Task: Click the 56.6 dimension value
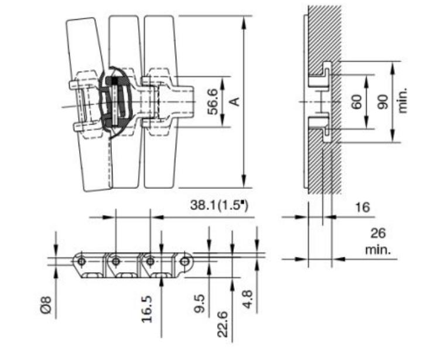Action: [x=213, y=101]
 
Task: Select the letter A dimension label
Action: [x=234, y=101]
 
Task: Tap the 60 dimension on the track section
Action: [x=357, y=101]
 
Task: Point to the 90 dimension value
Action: [x=383, y=101]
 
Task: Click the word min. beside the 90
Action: [x=402, y=101]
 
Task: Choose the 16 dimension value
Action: [x=363, y=207]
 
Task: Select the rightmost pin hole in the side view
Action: [x=185, y=260]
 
